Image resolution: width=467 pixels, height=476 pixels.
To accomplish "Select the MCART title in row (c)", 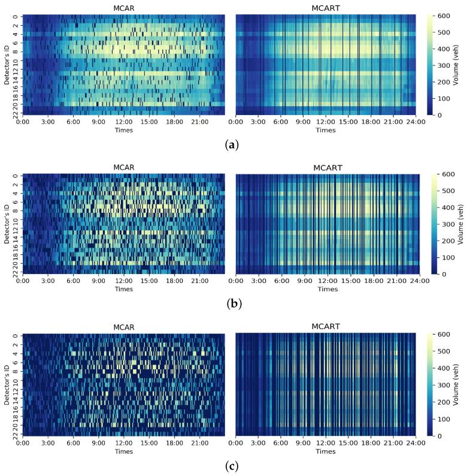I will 326,326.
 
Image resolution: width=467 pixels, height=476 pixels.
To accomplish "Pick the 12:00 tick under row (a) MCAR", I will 124,122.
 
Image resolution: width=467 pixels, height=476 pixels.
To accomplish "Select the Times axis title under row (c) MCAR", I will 124,451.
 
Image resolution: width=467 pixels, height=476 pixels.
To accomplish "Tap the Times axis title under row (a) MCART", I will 326,130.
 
